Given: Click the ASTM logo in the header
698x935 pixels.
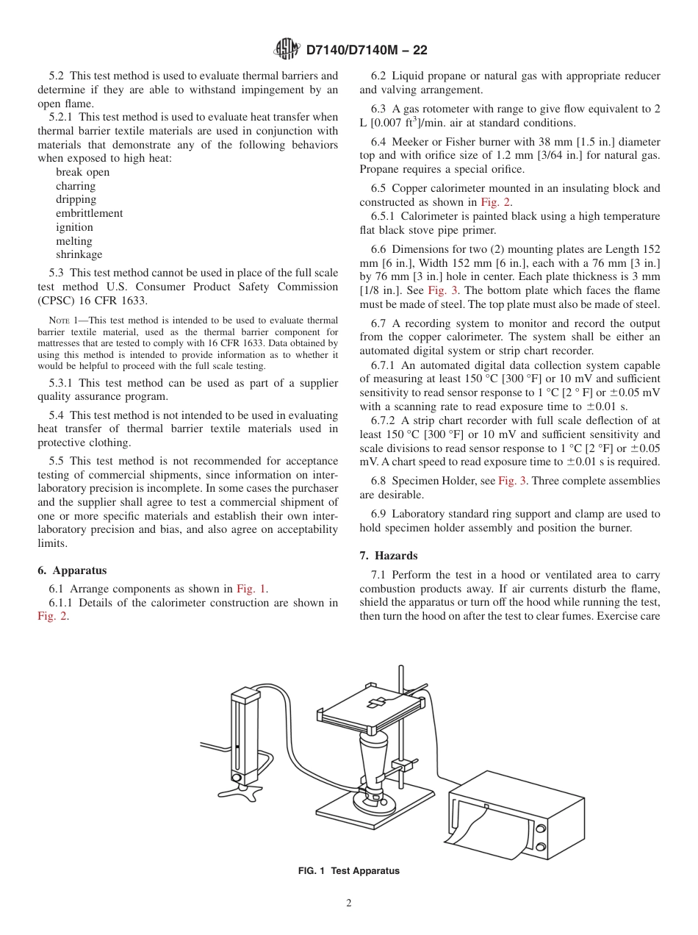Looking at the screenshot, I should (x=287, y=49).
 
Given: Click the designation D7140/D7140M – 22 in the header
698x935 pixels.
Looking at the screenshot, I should (x=366, y=50).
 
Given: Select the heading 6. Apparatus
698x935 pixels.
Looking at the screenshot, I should (x=72, y=570).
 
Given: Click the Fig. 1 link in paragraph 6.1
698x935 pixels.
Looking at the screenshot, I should (x=251, y=589).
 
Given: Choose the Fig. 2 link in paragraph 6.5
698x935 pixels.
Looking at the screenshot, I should (x=496, y=202).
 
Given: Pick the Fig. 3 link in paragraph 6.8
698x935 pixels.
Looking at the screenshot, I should (x=512, y=481).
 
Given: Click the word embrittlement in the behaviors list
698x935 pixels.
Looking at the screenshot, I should (x=89, y=213).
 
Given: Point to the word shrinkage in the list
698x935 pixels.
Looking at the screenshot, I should (x=79, y=254).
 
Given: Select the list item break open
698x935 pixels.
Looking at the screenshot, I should (x=82, y=172).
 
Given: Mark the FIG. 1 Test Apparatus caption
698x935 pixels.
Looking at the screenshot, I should (x=348, y=871).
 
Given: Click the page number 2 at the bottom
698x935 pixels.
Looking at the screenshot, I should (x=349, y=903).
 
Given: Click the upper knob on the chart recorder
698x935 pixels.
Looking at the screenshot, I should (x=541, y=828).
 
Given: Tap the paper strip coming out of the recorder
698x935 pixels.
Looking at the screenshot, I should (x=478, y=838).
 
